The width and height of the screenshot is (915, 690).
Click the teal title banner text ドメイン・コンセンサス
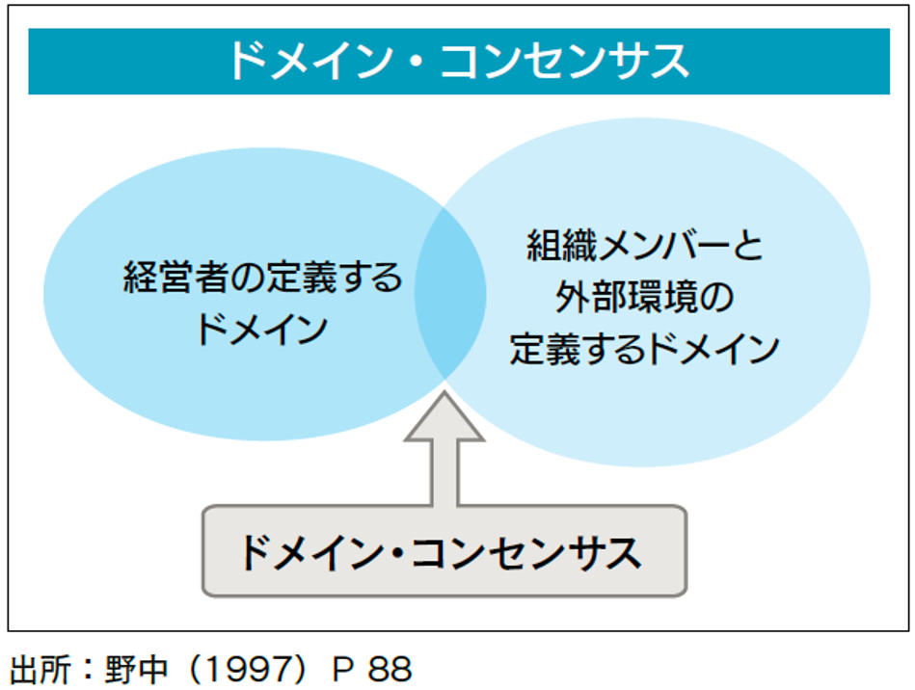pos(459,62)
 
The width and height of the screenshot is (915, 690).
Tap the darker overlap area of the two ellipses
pos(449,293)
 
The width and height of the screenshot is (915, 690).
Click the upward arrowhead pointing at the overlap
pos(444,416)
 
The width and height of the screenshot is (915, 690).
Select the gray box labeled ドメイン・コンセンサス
pos(444,551)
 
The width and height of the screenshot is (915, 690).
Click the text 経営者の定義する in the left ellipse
pos(262,278)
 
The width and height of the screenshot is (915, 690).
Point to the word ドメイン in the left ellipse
pos(262,330)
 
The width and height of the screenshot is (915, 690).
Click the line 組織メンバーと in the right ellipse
pos(645,246)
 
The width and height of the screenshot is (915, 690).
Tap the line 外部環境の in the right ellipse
pos(645,298)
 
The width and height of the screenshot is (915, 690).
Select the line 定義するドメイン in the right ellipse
pos(645,350)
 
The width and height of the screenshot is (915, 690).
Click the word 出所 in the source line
pos(40,669)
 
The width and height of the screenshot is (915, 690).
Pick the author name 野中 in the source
pos(137,669)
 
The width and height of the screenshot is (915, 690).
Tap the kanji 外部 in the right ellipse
pos(590,298)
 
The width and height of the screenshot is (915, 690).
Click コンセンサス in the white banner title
pos(565,62)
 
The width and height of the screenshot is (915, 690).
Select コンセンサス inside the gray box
pos(526,553)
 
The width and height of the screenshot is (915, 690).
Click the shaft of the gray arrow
pos(444,473)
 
